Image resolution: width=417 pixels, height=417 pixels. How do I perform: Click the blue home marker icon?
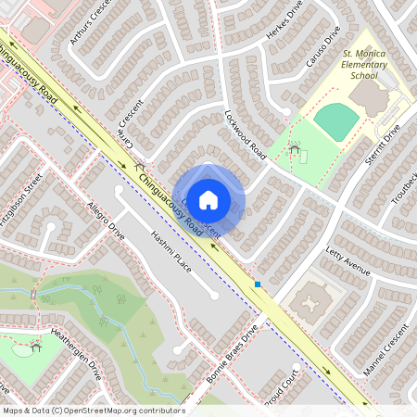pyautogui.click(x=208, y=198)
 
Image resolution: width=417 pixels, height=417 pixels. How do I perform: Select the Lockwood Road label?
pyautogui.click(x=246, y=134)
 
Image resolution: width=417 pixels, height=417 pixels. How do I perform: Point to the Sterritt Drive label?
pyautogui.click(x=380, y=143)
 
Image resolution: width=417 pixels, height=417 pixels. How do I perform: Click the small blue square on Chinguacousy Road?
pyautogui.click(x=259, y=284)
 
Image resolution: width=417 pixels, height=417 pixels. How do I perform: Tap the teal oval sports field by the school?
pyautogui.click(x=335, y=120)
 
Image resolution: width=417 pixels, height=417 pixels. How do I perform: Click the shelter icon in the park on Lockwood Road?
pyautogui.click(x=295, y=148)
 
